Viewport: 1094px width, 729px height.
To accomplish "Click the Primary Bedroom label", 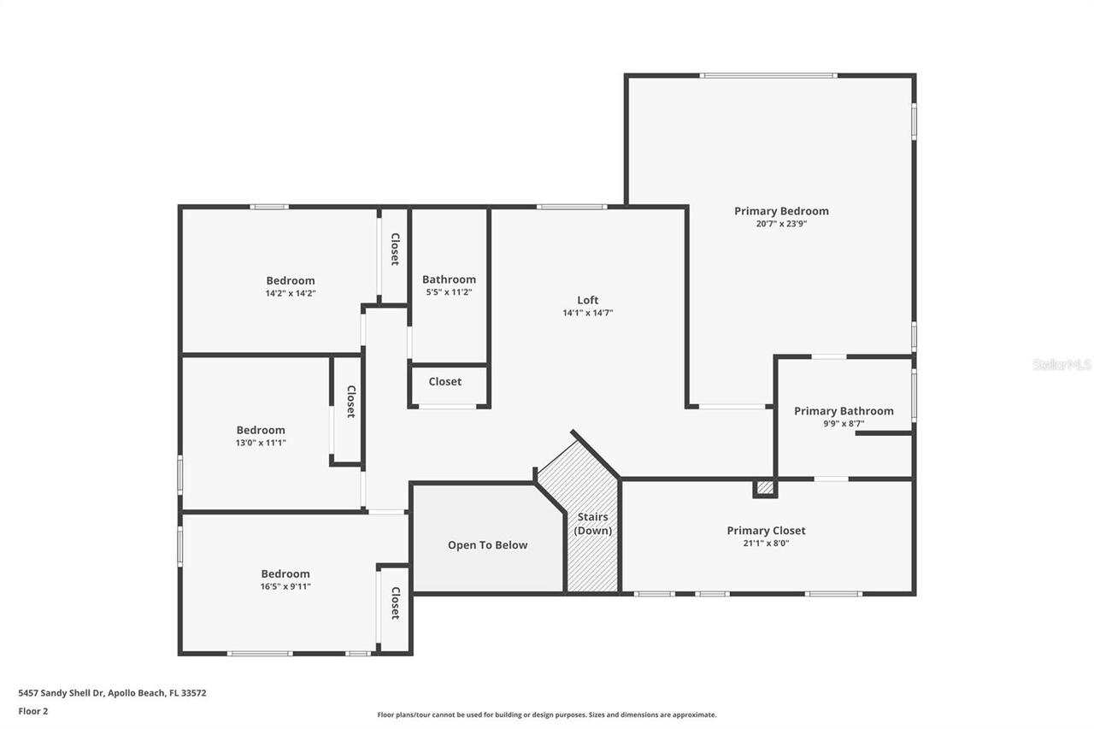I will [781, 211].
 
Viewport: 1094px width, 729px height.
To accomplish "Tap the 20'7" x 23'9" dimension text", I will [781, 224].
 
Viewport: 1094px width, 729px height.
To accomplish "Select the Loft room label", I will [587, 300].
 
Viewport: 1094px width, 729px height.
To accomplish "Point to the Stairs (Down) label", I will [592, 524].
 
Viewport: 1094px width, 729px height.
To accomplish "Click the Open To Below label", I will [487, 545].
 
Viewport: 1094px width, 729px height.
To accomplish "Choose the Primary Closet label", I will [766, 531].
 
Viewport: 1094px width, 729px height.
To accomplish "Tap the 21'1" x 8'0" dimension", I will [766, 543].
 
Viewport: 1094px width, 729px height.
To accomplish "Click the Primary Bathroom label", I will [844, 411].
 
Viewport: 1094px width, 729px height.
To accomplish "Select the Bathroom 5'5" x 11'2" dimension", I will [449, 292].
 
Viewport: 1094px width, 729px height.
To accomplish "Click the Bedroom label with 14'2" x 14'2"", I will [290, 280].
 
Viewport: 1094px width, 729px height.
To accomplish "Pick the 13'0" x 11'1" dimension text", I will [261, 443].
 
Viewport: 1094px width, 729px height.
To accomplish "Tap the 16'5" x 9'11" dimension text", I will [285, 586].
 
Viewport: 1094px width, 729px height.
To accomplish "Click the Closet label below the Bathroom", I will [444, 382].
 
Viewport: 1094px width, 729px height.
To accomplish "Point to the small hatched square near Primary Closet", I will [765, 487].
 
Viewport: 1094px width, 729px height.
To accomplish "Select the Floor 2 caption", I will [33, 710].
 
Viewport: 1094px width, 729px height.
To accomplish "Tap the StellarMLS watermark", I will [1062, 365].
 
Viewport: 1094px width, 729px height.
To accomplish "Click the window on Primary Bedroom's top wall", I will [768, 76].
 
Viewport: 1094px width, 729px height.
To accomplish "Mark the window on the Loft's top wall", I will [572, 207].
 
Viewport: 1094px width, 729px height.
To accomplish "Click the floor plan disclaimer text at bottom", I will [547, 714].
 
